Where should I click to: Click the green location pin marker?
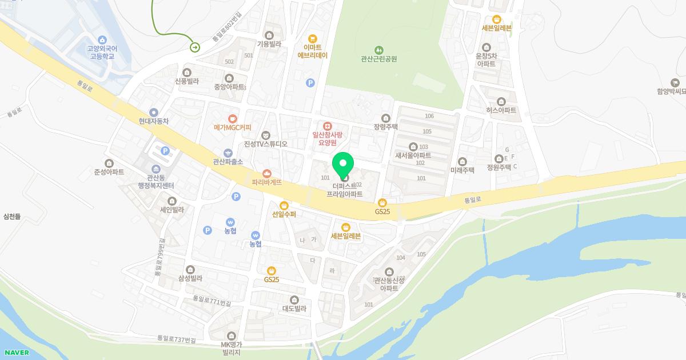343,166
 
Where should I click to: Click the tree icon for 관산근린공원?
378,49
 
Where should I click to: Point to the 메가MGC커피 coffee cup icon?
233,118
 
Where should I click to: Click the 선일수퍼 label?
284,214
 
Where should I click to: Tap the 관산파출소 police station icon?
228,153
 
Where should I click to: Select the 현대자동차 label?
154,121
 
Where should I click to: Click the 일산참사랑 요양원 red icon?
327,126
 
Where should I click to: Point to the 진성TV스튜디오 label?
265,144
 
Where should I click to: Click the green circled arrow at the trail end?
195,47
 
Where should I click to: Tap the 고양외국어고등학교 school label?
102,53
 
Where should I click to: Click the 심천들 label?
12,216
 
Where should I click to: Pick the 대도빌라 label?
294,309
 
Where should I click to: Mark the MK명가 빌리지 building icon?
232,335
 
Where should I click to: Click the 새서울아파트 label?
413,155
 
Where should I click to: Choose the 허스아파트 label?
501,110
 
